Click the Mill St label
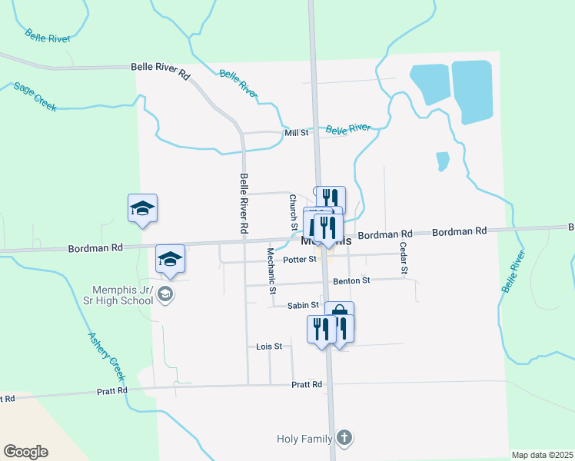[x=296, y=133]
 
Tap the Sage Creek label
[x=35, y=97]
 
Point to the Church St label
[x=293, y=213]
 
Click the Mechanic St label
[x=271, y=270]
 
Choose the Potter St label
[x=299, y=260]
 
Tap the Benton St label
[x=351, y=281]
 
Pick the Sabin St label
[x=303, y=305]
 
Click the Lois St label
[x=269, y=347]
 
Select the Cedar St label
[x=402, y=257]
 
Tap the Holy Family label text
[x=304, y=439]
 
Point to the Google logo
[x=25, y=451]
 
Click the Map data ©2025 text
[x=541, y=455]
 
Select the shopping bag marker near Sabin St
[x=339, y=312]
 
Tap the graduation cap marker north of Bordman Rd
[x=142, y=209]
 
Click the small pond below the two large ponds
[x=442, y=161]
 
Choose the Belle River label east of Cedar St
[x=514, y=270]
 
